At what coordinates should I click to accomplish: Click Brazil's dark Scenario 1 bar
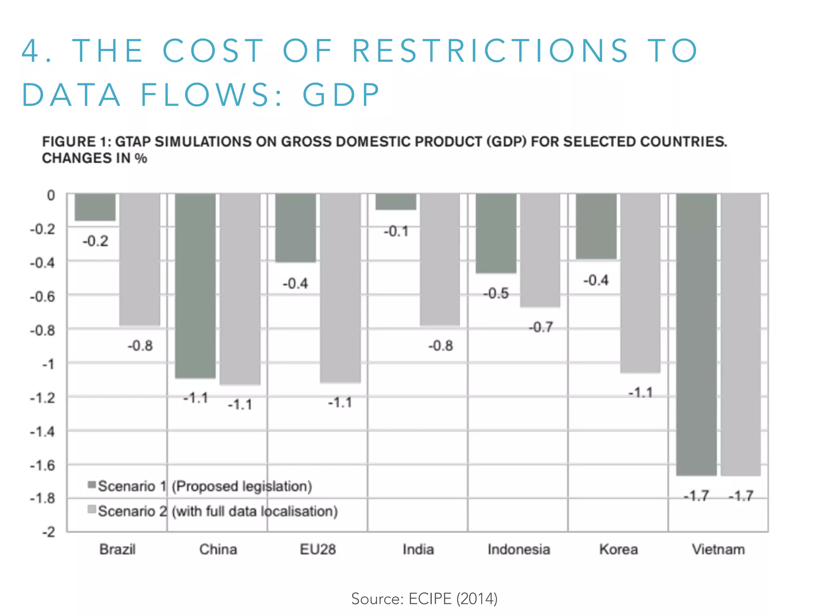click(95, 207)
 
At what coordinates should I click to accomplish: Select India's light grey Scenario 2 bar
click(440, 259)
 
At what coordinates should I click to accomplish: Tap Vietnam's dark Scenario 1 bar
click(696, 334)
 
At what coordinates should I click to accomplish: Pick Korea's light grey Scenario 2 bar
click(640, 283)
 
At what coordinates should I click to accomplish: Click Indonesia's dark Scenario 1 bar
click(496, 233)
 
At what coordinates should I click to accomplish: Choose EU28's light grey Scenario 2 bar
click(340, 288)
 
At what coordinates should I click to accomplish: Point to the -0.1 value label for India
click(396, 231)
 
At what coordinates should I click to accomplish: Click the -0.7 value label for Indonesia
click(541, 327)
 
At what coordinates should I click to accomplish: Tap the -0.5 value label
click(496, 294)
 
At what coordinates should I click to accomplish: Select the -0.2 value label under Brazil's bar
click(95, 241)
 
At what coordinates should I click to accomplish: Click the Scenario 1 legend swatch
click(92, 485)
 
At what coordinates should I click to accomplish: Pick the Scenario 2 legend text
click(218, 511)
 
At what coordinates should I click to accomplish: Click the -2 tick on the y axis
click(48, 532)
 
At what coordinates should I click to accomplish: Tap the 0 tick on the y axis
click(51, 196)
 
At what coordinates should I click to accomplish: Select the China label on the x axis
click(218, 549)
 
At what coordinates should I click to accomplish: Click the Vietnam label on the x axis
click(718, 549)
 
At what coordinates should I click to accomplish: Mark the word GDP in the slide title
click(341, 95)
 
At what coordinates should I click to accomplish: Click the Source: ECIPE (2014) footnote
click(424, 599)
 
